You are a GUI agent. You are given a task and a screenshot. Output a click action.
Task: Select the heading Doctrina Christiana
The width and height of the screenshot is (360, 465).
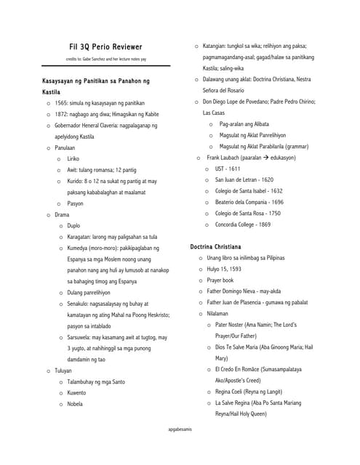pos(220,247)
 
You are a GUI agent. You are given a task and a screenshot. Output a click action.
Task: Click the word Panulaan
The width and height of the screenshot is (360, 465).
pos(65,147)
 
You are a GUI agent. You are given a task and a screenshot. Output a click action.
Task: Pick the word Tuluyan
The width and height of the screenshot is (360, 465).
pos(64,371)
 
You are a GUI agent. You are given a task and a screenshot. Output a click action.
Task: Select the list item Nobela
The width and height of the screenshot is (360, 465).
pos(76,404)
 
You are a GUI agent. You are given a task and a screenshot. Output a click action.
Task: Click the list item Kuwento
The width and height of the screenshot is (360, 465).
pos(77,393)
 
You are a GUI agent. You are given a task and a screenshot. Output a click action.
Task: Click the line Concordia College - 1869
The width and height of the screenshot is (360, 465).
pos(243,225)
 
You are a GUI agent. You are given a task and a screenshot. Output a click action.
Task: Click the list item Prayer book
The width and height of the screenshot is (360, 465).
pos(221,280)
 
